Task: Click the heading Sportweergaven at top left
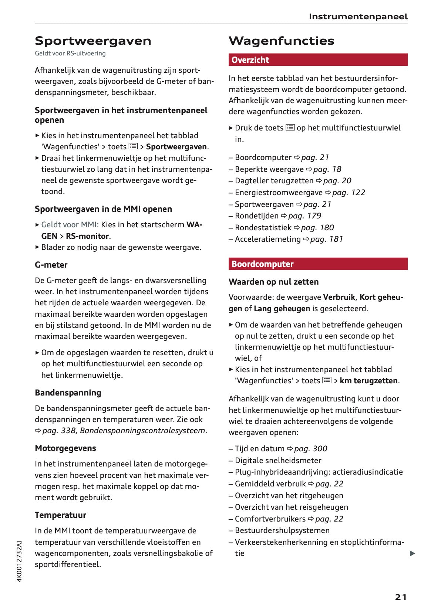point(93,41)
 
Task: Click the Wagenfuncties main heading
point(281,41)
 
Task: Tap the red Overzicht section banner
point(318,60)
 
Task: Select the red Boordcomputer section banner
point(318,264)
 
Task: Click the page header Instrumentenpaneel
point(358,17)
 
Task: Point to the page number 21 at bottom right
point(401,597)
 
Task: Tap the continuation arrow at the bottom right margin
point(412,553)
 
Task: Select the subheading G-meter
point(51,265)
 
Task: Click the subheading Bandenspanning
point(68,393)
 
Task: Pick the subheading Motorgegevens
point(65,448)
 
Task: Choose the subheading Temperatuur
point(60,515)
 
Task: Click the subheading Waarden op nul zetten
point(273,282)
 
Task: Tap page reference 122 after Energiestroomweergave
point(348,193)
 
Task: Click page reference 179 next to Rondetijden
point(304,216)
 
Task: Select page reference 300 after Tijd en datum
point(310,449)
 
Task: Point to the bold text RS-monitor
point(87,236)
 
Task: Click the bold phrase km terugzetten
point(368,381)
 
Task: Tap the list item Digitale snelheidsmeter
point(278,461)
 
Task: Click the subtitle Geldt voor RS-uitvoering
point(70,53)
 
